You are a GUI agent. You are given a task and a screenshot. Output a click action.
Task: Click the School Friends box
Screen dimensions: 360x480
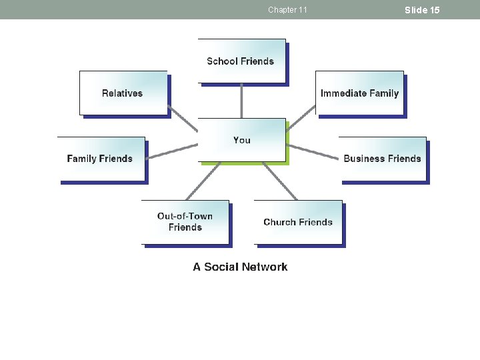tap(241, 61)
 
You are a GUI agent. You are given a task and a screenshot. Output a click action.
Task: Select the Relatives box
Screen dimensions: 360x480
tap(123, 93)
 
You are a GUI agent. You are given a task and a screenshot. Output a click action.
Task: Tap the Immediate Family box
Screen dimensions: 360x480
tap(359, 93)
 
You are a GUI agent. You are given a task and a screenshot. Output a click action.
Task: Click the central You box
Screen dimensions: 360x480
tap(241, 139)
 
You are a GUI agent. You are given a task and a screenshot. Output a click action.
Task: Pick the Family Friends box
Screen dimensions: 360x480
tap(100, 159)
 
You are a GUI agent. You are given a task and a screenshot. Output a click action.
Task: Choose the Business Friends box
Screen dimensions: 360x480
tap(382, 159)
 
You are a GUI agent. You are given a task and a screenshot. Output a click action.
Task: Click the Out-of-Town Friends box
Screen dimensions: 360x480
tap(185, 221)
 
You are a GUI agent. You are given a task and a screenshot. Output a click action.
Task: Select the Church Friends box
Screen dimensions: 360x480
tap(298, 222)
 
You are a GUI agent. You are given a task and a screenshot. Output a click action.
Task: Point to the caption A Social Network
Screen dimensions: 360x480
tap(240, 267)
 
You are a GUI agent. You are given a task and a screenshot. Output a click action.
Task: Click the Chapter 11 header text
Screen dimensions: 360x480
tap(287, 9)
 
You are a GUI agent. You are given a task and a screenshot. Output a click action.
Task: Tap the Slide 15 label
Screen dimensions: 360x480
tap(422, 9)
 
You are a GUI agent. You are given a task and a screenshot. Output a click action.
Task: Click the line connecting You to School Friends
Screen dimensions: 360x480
tap(241, 101)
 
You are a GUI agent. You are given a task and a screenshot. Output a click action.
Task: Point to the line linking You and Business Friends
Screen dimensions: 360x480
tap(313, 151)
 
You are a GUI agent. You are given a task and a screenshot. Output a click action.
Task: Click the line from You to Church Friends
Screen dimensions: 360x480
tap(280, 181)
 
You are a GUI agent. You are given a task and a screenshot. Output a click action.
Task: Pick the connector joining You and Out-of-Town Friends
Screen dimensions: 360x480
tap(203, 181)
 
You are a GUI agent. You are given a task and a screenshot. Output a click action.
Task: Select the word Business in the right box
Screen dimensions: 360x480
tap(364, 159)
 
